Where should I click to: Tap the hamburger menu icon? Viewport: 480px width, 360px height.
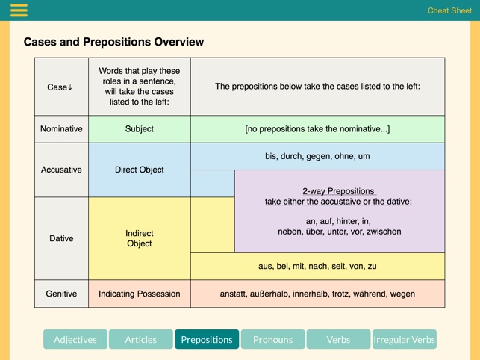[x=19, y=10]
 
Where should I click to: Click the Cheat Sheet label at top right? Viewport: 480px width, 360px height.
[x=449, y=10]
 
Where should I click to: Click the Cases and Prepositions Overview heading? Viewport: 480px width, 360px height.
[x=113, y=42]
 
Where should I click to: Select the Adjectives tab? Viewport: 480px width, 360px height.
[x=75, y=339]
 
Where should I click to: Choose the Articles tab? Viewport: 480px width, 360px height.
[x=141, y=339]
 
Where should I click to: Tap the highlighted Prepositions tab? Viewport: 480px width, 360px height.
[x=207, y=339]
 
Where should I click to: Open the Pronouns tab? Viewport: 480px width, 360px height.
[x=272, y=339]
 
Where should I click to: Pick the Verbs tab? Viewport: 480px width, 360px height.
[x=338, y=339]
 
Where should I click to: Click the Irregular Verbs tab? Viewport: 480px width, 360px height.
[x=404, y=339]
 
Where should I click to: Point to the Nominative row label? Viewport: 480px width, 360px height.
[x=61, y=129]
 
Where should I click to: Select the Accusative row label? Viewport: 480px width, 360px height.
[x=61, y=170]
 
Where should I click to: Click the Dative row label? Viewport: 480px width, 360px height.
[x=61, y=238]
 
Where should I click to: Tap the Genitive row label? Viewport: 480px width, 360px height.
[x=61, y=294]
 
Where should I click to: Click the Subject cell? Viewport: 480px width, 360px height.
[x=140, y=129]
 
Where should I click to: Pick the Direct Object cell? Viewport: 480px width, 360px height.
[x=140, y=170]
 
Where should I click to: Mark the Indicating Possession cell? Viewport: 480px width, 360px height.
[x=140, y=294]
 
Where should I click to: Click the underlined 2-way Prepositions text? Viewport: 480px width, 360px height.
[x=338, y=191]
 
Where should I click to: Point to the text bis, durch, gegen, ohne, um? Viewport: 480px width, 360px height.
[x=317, y=156]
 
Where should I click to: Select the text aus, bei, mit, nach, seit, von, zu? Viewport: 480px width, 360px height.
[x=317, y=266]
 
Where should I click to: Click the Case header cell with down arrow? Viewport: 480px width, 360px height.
[x=61, y=87]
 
